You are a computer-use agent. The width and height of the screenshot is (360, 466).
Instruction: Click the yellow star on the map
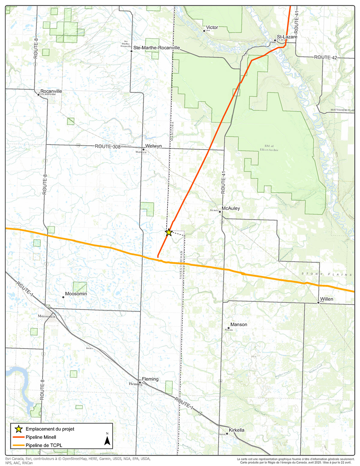pos(169,232)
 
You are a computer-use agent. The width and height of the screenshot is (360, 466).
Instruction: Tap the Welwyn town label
pos(153,146)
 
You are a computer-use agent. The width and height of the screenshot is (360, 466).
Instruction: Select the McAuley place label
pos(231,208)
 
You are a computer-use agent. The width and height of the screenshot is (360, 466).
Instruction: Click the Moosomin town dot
pos(63,297)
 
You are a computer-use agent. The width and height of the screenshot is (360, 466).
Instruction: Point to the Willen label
pos(326,299)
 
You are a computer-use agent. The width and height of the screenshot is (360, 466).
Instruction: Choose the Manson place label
pos(239,324)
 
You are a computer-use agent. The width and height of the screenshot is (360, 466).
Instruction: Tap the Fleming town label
pos(150,379)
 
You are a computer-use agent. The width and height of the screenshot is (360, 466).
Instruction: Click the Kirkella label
pos(236,430)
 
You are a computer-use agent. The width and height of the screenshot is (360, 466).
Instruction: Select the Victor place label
pos(212,27)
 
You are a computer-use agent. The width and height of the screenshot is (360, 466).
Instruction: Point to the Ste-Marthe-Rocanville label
pos(157,48)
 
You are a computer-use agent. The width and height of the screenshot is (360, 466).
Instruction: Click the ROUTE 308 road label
pos(108,146)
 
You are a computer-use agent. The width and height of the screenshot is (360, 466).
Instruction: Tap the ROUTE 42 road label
pos(325,57)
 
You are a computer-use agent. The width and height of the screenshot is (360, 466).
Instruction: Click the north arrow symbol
pos(107,440)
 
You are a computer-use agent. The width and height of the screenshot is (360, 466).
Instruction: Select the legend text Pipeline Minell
pos(41,437)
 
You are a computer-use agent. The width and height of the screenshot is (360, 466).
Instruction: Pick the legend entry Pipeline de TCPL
pos(44,445)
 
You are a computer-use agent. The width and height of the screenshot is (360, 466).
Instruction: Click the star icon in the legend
pos(19,429)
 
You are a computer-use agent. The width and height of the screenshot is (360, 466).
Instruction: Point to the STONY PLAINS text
pos(327,274)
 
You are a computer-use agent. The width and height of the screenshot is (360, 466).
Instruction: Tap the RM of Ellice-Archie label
pos(269,148)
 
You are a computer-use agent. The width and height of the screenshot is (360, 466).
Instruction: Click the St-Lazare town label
pos(287,37)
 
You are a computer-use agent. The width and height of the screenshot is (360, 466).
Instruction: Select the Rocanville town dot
pos(38,95)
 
